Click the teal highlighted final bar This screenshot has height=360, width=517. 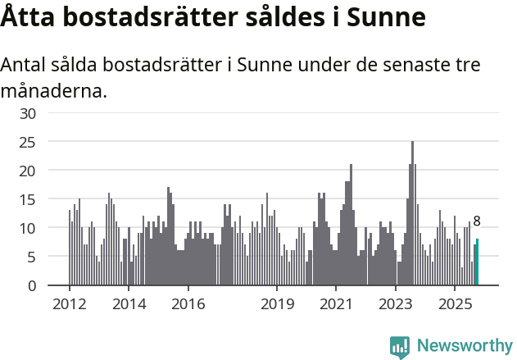coord(477,262)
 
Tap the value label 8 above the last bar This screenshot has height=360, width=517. coord(477,221)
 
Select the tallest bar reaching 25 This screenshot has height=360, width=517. coord(412,213)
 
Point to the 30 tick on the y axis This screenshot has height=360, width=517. coord(28,113)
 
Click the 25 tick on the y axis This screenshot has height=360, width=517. coord(28,142)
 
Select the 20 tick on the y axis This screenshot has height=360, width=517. coord(28,171)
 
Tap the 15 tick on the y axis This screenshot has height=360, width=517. coord(28,199)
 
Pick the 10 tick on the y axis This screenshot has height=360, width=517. coord(28,228)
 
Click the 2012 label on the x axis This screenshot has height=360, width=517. coord(69,304)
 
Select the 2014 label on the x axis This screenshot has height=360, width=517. coord(129,304)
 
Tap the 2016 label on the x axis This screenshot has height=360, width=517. coord(188,304)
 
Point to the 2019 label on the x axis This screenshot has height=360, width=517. coord(278,304)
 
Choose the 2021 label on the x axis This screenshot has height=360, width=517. coord(337,304)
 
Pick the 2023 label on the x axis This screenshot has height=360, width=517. coord(397,304)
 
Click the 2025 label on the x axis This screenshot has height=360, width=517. coord(456,304)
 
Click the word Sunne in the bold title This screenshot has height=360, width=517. coord(386,17)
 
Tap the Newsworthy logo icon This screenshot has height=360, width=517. coord(400,346)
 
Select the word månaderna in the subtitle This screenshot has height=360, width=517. coord(54,90)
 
